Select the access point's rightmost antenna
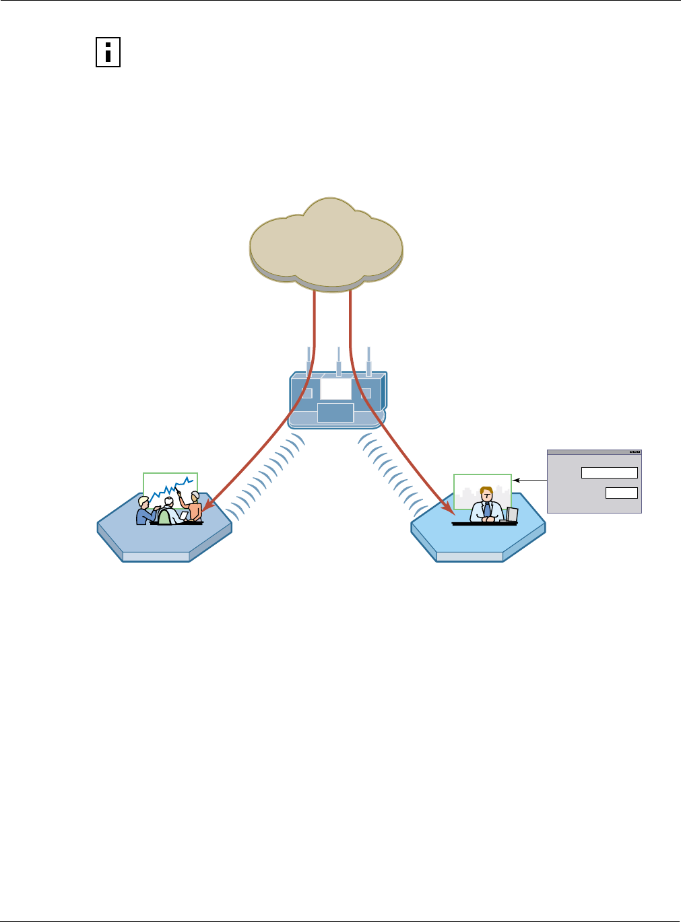(x=368, y=361)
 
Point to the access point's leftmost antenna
(x=309, y=361)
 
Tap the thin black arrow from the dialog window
(x=529, y=481)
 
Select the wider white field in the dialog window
(x=609, y=473)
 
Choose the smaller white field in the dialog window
(x=621, y=493)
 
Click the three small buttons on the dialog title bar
(x=634, y=452)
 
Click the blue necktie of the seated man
(x=487, y=509)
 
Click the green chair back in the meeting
(x=164, y=517)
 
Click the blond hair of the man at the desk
(x=486, y=491)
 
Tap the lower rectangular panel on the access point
(x=335, y=413)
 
